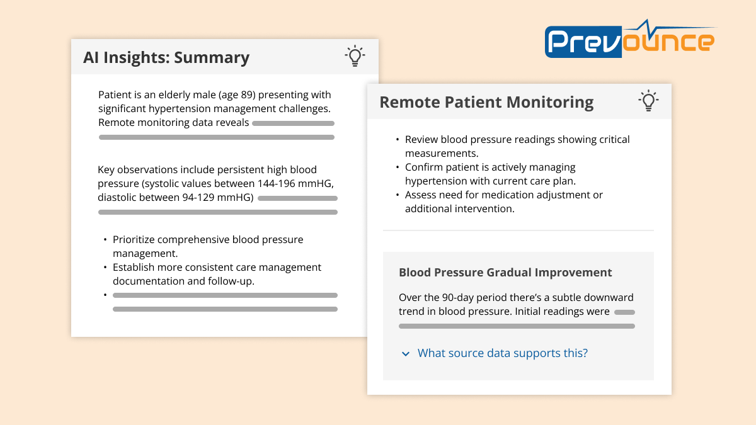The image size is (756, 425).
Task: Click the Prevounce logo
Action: coord(630,42)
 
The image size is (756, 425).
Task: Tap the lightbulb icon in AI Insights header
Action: coord(355,56)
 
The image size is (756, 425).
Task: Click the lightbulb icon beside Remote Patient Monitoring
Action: coord(648,101)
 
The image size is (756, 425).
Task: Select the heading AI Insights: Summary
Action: coord(166,57)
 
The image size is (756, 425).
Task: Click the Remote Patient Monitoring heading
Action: coord(486,102)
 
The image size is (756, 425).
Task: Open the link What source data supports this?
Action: coord(502,353)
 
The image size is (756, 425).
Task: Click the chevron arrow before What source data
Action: coord(406,354)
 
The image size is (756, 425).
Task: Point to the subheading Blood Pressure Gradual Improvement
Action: coord(505,273)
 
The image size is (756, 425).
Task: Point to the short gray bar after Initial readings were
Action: coord(624,312)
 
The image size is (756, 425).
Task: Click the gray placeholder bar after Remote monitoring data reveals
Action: coord(293,123)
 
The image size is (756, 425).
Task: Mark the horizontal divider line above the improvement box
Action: coord(518,230)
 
